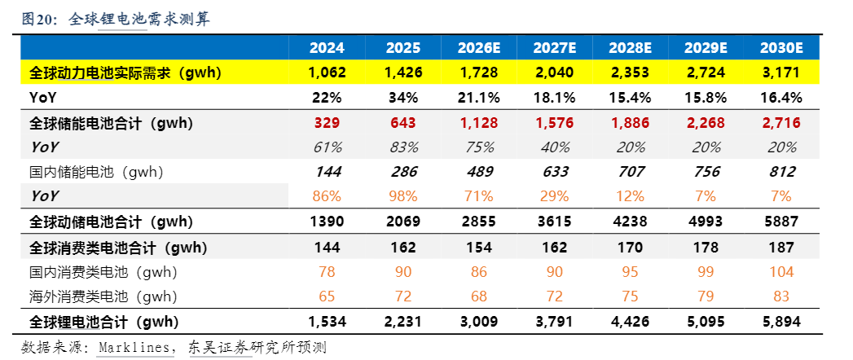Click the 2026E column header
(478, 48)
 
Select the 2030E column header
(781, 48)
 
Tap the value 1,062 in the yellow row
(327, 72)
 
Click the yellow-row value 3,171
(781, 72)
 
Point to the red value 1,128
(478, 123)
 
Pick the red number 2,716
(781, 123)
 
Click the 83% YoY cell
(403, 147)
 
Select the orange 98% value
(403, 196)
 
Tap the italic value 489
(478, 172)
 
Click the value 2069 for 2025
(403, 222)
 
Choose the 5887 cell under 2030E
(781, 222)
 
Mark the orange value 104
(781, 272)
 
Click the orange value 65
(327, 297)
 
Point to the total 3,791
(554, 322)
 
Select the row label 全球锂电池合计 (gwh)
(104, 322)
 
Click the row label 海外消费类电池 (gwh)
(103, 297)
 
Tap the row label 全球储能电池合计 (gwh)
(111, 123)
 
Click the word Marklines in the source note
(135, 348)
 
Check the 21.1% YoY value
(478, 98)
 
